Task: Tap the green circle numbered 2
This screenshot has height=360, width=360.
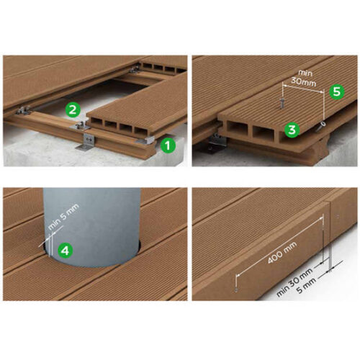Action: coord(72,110)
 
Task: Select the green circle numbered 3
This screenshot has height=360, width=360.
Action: coord(291,130)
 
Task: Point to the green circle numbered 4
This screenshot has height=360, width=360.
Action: coord(65,251)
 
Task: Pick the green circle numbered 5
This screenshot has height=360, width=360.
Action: coord(335,92)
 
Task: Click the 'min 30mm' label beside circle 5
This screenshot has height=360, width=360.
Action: coord(305,79)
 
